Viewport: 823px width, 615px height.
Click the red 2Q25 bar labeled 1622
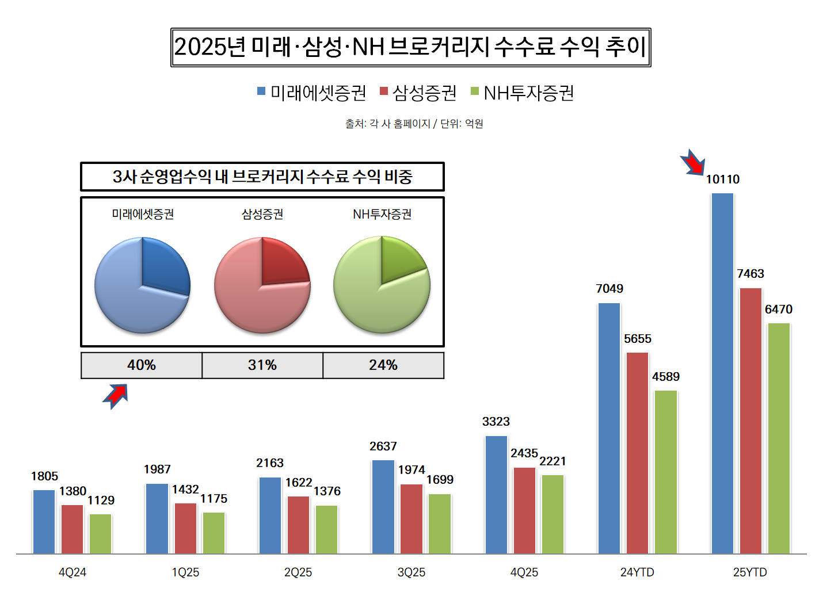tap(298, 525)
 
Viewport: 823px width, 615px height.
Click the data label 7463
tap(750, 274)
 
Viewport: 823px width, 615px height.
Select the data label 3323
tap(496, 422)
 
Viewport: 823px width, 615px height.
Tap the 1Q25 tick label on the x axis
tap(185, 572)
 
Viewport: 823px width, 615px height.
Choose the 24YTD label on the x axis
tap(637, 572)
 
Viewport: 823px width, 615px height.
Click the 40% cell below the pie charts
tap(142, 365)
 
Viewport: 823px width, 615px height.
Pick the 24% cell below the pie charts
tap(383, 365)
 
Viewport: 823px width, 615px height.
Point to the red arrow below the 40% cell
tap(116, 395)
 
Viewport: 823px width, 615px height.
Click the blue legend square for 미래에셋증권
tap(261, 91)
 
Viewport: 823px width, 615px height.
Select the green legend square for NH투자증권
tap(475, 91)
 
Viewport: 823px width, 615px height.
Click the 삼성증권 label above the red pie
tap(262, 215)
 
